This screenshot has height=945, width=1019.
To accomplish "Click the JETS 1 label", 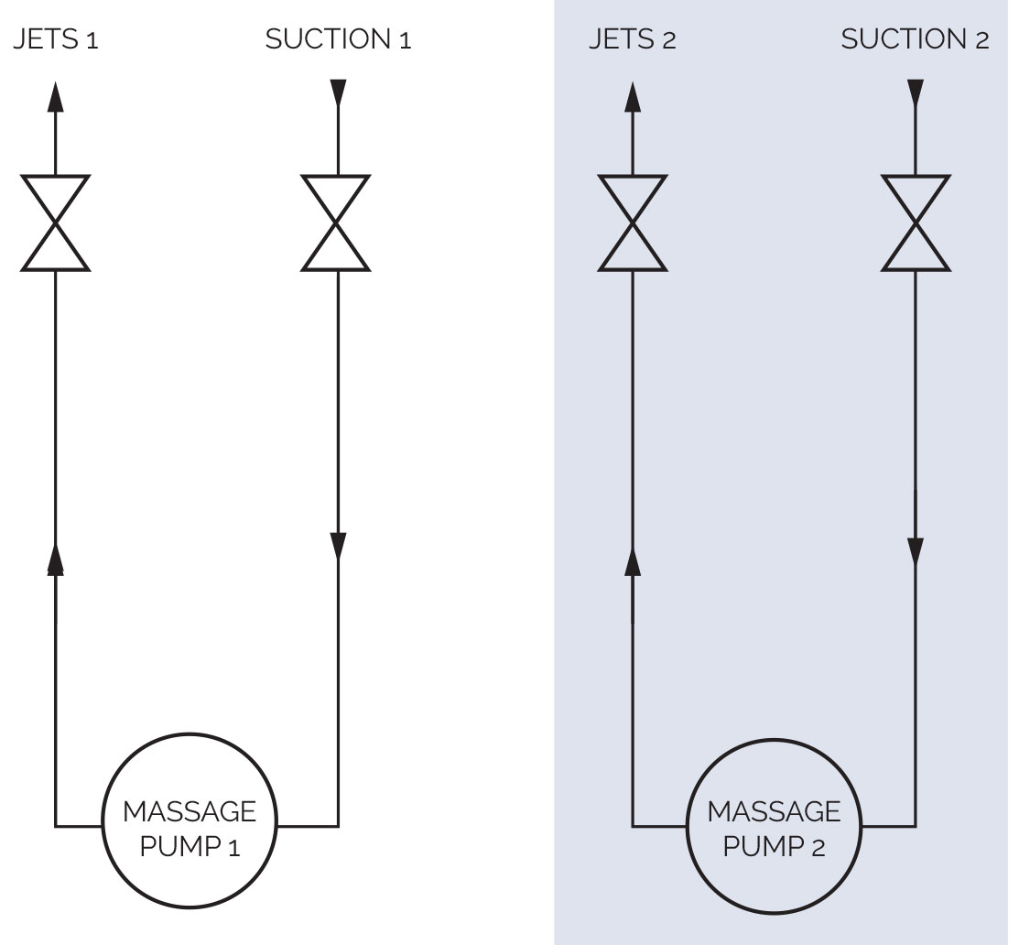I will pyautogui.click(x=56, y=40).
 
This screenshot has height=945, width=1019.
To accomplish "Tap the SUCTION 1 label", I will pyautogui.click(x=338, y=40).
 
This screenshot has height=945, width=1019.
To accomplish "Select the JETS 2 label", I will pyautogui.click(x=633, y=40).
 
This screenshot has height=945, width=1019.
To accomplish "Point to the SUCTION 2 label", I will pyautogui.click(x=915, y=40).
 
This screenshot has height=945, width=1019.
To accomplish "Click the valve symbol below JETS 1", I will pyautogui.click(x=56, y=223).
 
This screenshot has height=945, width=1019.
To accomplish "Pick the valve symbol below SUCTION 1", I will pyautogui.click(x=337, y=223).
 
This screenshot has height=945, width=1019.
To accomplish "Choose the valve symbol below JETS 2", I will pyautogui.click(x=633, y=223).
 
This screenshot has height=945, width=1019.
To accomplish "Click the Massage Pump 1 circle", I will pyautogui.click(x=190, y=826).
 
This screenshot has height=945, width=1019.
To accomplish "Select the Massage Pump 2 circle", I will pyautogui.click(x=774, y=826).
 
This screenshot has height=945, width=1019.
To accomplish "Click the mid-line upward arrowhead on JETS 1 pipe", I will pyautogui.click(x=56, y=558).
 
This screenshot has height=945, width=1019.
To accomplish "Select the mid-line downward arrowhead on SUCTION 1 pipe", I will pyautogui.click(x=338, y=545).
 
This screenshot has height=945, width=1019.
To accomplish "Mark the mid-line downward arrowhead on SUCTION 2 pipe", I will pyautogui.click(x=916, y=550).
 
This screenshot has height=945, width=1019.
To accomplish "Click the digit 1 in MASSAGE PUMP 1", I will pyautogui.click(x=234, y=847).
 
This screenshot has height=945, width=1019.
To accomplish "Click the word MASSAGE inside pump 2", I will pyautogui.click(x=774, y=811).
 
